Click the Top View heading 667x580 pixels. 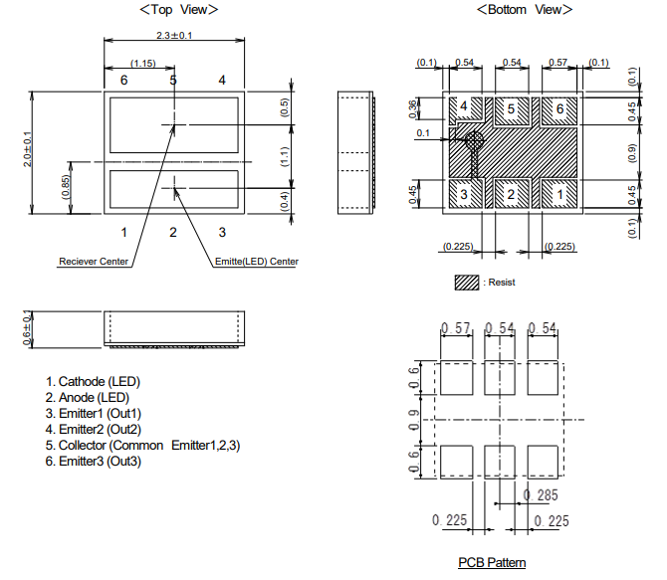click(x=178, y=9)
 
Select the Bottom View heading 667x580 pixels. click(x=525, y=9)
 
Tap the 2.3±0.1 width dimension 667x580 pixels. click(x=174, y=35)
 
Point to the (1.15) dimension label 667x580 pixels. click(x=143, y=64)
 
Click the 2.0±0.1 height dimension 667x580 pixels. click(x=27, y=149)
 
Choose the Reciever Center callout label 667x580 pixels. click(x=94, y=261)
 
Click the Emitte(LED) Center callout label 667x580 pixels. click(x=257, y=261)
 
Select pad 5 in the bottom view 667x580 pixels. click(x=512, y=110)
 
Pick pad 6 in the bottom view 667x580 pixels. click(x=559, y=110)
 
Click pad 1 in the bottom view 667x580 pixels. click(x=559, y=194)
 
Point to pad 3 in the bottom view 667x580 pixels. click(x=466, y=194)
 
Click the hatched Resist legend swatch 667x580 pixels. click(x=467, y=283)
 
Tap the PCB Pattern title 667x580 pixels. click(x=492, y=562)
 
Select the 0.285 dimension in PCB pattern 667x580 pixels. click(x=541, y=495)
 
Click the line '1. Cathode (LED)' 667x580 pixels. click(x=93, y=381)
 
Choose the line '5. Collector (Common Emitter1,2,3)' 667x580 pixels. click(x=143, y=446)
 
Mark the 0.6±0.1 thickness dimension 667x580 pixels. click(x=27, y=329)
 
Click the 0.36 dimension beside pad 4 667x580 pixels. click(x=412, y=109)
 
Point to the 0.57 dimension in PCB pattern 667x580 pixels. click(x=456, y=328)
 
